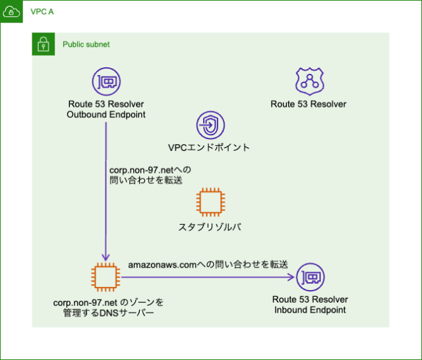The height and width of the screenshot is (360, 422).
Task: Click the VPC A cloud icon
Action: [x=12, y=12]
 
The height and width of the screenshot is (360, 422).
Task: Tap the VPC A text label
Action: [x=42, y=12]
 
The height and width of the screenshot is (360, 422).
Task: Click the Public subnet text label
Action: [x=86, y=44]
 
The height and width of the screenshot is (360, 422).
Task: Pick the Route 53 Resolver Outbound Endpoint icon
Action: [x=106, y=82]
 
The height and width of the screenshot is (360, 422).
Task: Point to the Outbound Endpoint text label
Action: [x=106, y=115]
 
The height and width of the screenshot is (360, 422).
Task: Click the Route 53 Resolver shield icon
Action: [x=308, y=82]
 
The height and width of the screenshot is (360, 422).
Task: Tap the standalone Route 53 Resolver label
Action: [x=308, y=104]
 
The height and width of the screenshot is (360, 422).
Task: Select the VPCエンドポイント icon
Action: [x=210, y=125]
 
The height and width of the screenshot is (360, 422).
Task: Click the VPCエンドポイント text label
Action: [x=210, y=148]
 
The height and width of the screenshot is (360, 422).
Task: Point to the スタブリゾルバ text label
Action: [x=210, y=227]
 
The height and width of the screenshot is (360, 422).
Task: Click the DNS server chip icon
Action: [x=106, y=277]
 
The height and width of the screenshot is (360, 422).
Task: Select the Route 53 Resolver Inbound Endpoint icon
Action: [x=309, y=278]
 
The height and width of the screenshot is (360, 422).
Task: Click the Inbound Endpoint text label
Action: [x=309, y=309]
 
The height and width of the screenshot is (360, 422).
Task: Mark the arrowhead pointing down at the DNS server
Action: [x=106, y=257]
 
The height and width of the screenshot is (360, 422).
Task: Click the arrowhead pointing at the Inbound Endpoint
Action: [x=289, y=278]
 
